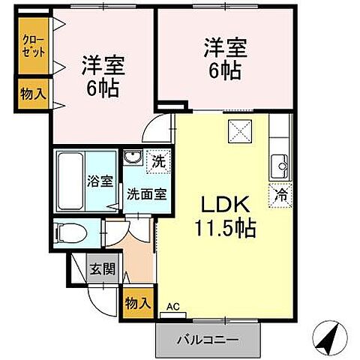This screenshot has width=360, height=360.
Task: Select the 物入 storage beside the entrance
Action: click(x=137, y=303)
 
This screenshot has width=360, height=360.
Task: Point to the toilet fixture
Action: click(x=69, y=233)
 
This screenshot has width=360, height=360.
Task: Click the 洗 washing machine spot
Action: click(x=160, y=159)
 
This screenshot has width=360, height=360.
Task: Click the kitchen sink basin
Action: click(x=280, y=163)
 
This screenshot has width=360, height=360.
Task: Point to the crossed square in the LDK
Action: click(x=241, y=131)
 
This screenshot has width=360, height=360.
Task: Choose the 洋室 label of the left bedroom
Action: click(x=103, y=64)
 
